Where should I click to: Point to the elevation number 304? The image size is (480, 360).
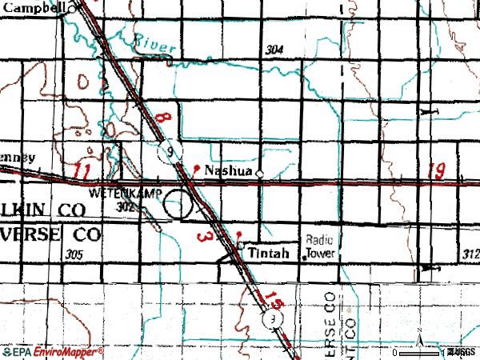pyautogui.click(x=274, y=50)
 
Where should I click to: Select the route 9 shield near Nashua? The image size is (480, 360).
pyautogui.click(x=170, y=154)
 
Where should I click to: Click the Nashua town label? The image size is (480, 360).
pyautogui.click(x=228, y=171)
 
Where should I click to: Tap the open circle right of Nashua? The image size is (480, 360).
pyautogui.click(x=259, y=171)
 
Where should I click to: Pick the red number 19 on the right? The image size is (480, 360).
pyautogui.click(x=437, y=170)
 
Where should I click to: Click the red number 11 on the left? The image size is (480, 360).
pyautogui.click(x=79, y=170)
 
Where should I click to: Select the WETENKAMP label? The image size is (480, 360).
pyautogui.click(x=115, y=194)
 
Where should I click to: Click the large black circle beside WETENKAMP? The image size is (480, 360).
pyautogui.click(x=179, y=207)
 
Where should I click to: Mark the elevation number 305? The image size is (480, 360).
pyautogui.click(x=75, y=254)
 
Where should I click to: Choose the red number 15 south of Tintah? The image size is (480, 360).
pyautogui.click(x=274, y=302)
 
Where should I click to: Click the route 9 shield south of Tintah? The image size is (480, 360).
pyautogui.click(x=273, y=320)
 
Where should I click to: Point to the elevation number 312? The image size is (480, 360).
pyautogui.click(x=470, y=254)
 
